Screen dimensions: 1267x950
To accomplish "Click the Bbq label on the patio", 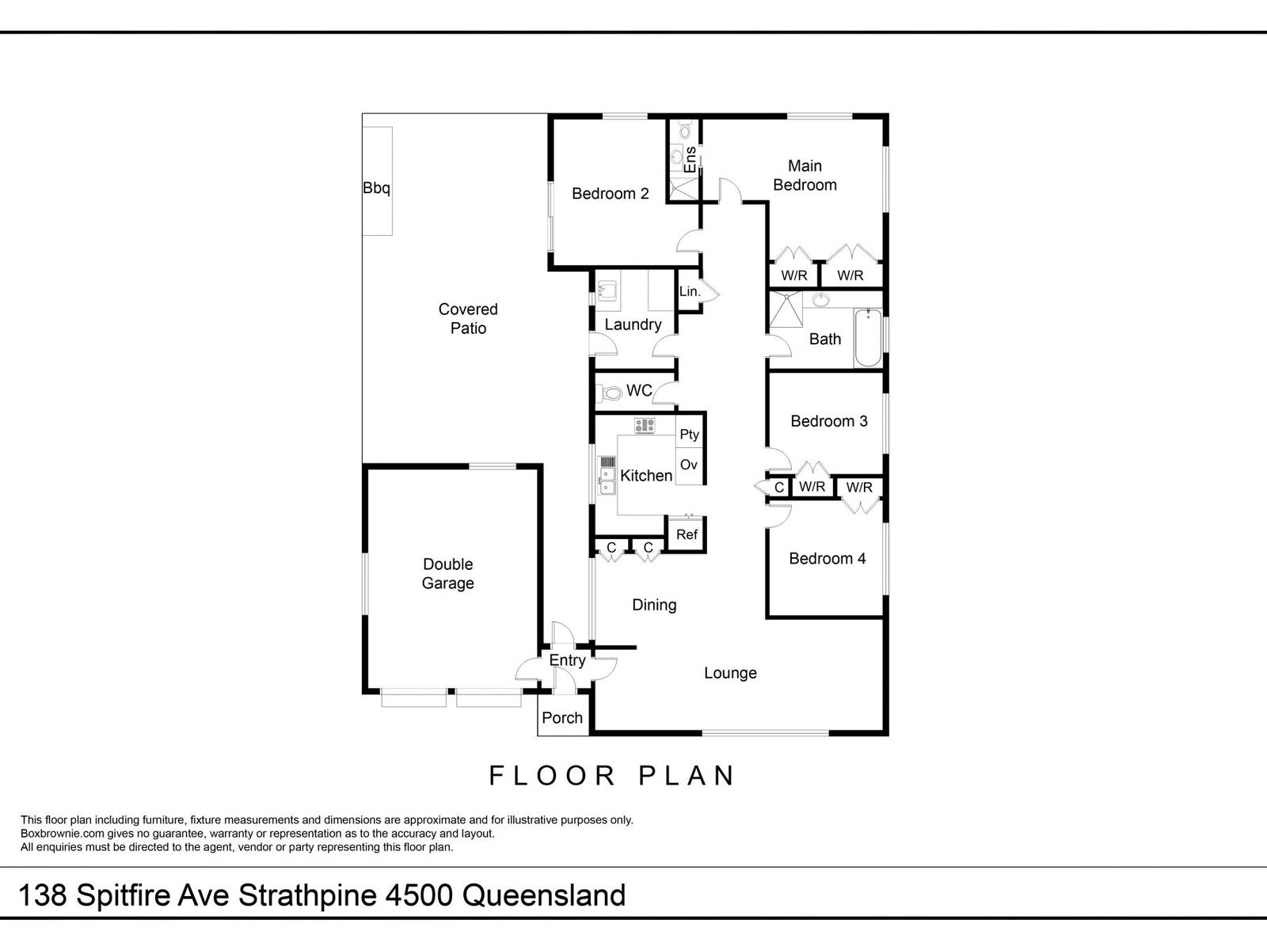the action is click(376, 188).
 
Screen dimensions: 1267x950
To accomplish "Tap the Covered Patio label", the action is click(468, 318).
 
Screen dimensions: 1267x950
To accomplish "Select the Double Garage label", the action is click(448, 573).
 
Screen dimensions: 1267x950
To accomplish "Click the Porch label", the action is click(562, 718).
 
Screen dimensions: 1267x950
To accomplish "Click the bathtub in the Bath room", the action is click(868, 338).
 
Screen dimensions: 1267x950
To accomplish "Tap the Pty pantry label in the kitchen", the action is click(689, 434).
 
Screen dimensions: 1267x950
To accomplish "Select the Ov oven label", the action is click(689, 465).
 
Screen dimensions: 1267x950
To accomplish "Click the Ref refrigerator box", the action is click(687, 534).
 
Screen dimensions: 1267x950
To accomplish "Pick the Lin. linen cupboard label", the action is click(690, 291).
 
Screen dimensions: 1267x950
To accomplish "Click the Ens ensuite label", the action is click(691, 161).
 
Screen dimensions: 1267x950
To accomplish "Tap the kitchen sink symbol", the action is click(607, 474).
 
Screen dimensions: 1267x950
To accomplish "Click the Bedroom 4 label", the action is click(828, 558).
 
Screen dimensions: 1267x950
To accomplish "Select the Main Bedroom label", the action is click(805, 175).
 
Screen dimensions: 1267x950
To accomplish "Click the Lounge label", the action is click(730, 673).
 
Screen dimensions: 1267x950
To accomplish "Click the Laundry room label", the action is click(633, 325).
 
